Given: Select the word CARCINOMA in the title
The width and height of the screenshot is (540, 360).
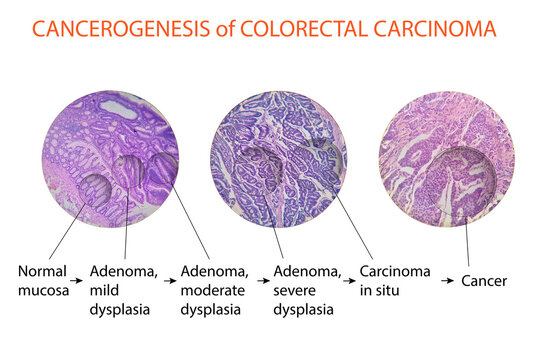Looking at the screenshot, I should tap(438, 28).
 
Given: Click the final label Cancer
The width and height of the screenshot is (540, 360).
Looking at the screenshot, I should tap(485, 281).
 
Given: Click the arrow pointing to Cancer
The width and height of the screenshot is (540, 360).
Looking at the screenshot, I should tap(448, 281).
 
